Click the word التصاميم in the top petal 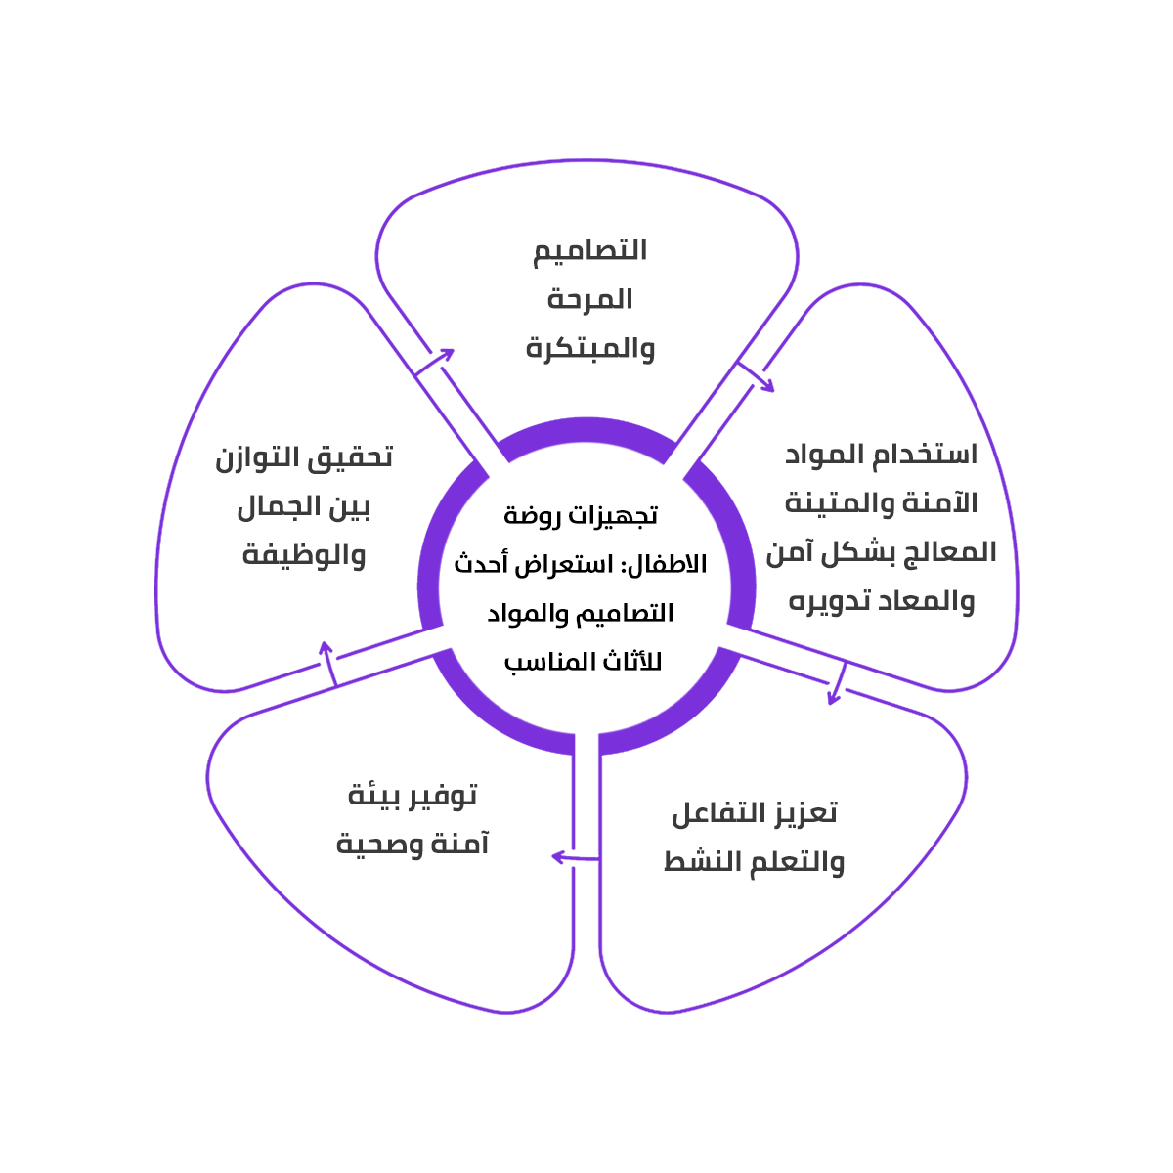click(589, 250)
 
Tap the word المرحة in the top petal click(589, 299)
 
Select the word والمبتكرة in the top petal click(590, 348)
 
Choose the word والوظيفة click(304, 555)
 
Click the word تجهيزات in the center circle click(615, 514)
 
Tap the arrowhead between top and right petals click(767, 385)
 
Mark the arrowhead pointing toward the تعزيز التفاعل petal click(834, 696)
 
